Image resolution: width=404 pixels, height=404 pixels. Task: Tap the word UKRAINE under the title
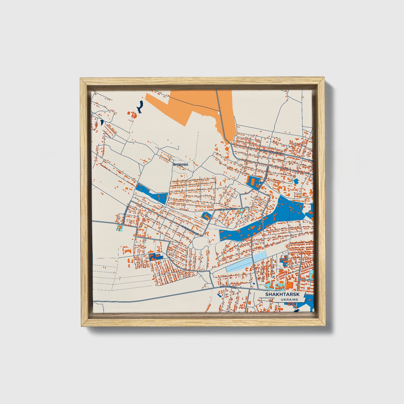290,299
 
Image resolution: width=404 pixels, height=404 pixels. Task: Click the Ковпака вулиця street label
228,209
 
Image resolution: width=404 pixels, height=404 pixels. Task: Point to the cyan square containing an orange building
119,228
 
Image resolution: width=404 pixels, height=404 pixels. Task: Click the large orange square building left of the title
290,285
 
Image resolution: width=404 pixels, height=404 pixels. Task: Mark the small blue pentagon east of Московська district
296,181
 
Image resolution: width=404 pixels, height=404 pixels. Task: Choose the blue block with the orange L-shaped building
206,216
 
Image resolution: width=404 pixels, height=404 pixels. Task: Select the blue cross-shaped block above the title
283,260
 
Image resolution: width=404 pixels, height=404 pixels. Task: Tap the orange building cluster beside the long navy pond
133,115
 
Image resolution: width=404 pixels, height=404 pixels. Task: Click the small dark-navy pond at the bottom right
296,310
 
